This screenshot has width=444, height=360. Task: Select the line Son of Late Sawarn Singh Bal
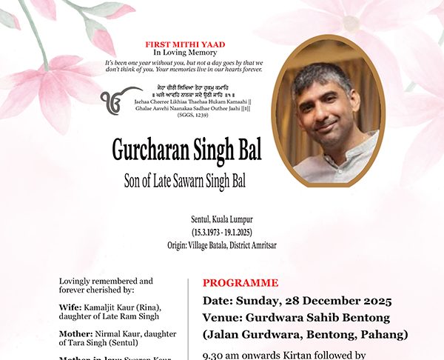coord(184,180)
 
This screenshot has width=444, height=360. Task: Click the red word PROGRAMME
coord(240,283)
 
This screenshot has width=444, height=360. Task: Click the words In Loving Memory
coord(185,53)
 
